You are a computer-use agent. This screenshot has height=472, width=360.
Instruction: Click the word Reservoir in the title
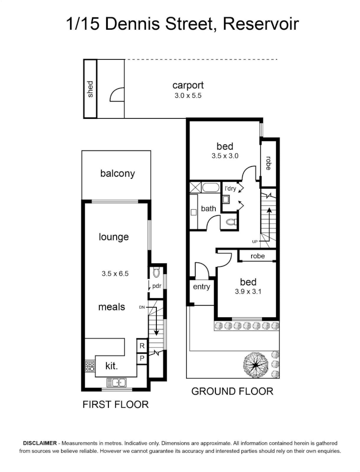coord(260,24)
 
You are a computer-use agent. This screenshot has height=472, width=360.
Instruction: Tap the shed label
coord(90,89)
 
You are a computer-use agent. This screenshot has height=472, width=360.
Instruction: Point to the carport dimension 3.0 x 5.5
coord(188,95)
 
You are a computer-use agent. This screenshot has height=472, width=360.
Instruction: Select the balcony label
coord(118,174)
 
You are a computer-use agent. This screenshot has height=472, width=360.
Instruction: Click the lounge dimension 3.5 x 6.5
coord(114,274)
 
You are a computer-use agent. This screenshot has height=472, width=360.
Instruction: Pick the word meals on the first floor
coord(111,307)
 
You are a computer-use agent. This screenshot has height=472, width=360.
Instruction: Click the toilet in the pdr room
coord(157,274)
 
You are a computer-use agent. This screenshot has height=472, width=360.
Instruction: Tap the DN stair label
coord(142,308)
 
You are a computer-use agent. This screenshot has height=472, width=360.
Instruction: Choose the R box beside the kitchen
coord(142,346)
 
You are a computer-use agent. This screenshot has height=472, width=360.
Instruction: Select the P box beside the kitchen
coord(142,358)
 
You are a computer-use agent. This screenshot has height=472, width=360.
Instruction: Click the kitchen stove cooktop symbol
coord(90,366)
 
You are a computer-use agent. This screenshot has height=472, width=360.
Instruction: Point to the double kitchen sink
coord(117,383)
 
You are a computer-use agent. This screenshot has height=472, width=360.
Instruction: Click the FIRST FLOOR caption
coord(116,405)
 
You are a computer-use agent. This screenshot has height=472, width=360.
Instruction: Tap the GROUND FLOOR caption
coord(232,391)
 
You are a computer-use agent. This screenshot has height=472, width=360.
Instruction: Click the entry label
coord(201,287)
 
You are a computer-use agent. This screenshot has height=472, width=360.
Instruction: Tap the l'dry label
coord(230,189)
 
